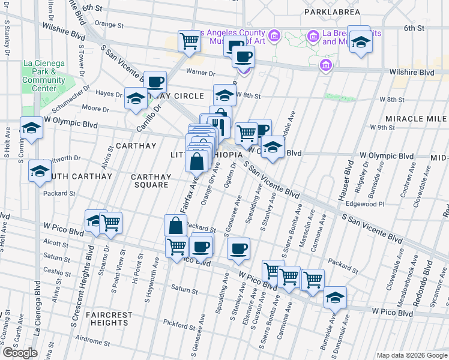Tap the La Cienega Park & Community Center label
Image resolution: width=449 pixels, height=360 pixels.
(x=44, y=76)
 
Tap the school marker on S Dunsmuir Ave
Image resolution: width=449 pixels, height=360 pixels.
(x=335, y=298)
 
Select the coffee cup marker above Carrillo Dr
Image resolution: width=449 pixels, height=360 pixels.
(x=155, y=82)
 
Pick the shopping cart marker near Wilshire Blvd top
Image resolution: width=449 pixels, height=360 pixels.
(x=189, y=41)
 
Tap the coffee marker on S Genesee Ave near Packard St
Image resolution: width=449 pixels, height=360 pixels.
(x=239, y=247)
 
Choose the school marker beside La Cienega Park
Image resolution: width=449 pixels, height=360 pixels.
(x=31, y=127)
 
